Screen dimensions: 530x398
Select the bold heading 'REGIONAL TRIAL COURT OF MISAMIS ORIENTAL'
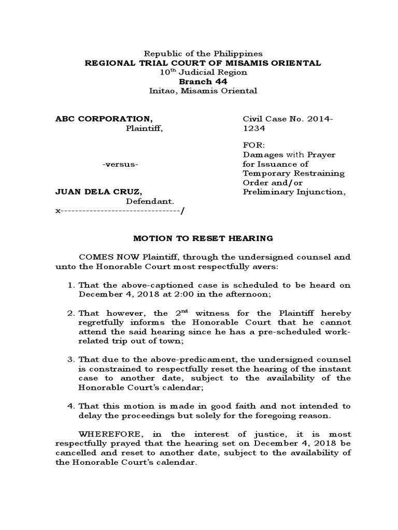pyautogui.click(x=203, y=63)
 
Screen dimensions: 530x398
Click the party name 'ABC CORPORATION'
pyautogui.click(x=104, y=119)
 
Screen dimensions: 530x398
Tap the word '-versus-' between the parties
pyautogui.click(x=120, y=165)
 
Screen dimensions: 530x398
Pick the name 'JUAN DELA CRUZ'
pyautogui.click(x=97, y=192)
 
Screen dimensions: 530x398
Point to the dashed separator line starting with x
pyautogui.click(x=120, y=211)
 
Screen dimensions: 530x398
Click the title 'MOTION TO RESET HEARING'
pyautogui.click(x=203, y=238)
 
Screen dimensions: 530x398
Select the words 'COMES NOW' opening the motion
pyautogui.click(x=101, y=257)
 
